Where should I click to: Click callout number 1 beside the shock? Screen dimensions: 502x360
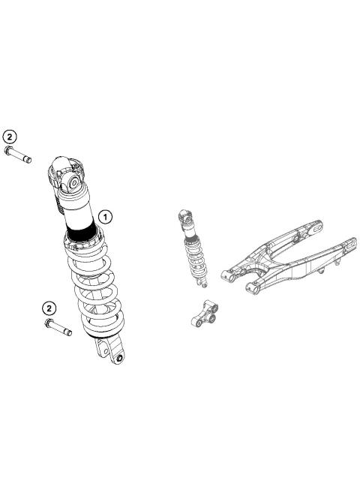pos(106,217)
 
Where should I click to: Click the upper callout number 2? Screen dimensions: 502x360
pos(10,137)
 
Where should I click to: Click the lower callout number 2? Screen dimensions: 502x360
pos(49,308)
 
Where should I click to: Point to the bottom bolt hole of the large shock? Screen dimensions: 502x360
pos(118,358)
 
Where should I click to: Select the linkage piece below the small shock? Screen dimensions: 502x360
pos(205,313)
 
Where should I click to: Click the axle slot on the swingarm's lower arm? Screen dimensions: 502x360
pos(349,245)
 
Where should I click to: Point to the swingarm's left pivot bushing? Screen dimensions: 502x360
pos(226,275)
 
